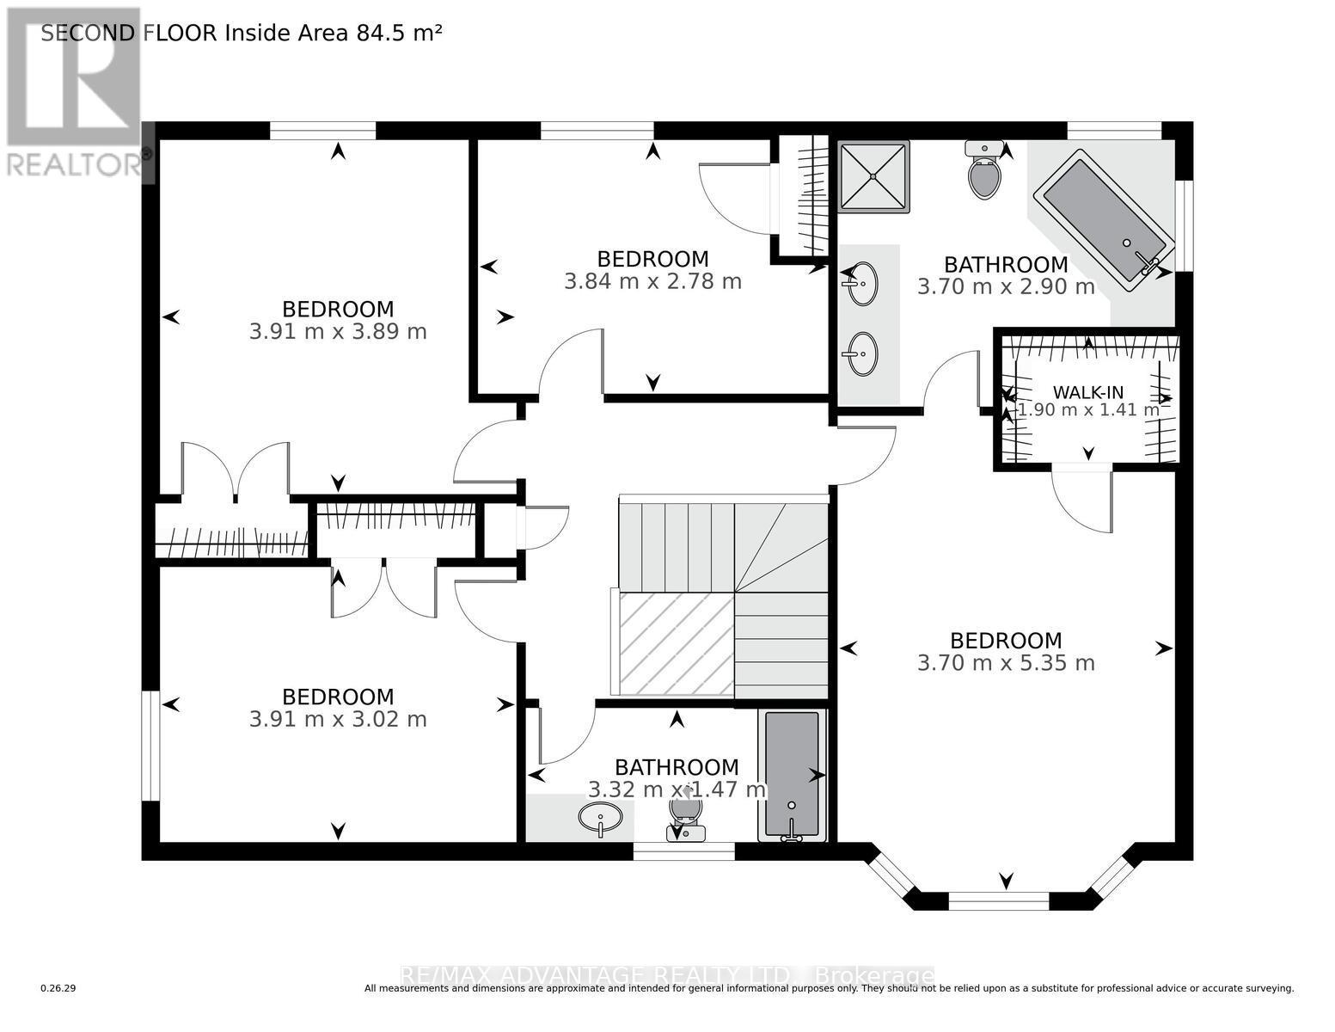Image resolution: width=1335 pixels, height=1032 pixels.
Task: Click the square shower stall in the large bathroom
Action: pyautogui.click(x=873, y=176)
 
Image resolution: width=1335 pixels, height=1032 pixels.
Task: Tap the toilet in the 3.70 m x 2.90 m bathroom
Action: pyautogui.click(x=984, y=172)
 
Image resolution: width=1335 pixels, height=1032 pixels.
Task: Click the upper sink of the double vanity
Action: pyautogui.click(x=860, y=284)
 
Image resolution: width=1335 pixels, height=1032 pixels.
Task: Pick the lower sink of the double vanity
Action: pyautogui.click(x=860, y=353)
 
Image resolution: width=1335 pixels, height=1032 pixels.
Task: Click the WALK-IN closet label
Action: pyautogui.click(x=1087, y=393)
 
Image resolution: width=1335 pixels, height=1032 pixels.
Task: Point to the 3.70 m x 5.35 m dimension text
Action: pyautogui.click(x=1006, y=663)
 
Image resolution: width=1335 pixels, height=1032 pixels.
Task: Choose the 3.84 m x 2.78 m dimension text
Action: pyautogui.click(x=652, y=281)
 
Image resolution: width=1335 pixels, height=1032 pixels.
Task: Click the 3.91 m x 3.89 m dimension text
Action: pyautogui.click(x=338, y=331)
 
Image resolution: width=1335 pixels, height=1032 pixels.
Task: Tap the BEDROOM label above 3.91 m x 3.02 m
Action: pyautogui.click(x=338, y=697)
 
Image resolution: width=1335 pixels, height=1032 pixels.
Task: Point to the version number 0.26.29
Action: pyautogui.click(x=58, y=989)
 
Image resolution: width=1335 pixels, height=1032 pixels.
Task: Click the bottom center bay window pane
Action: pyautogui.click(x=999, y=900)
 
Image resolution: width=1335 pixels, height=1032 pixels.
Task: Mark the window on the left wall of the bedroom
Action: pyautogui.click(x=150, y=745)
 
